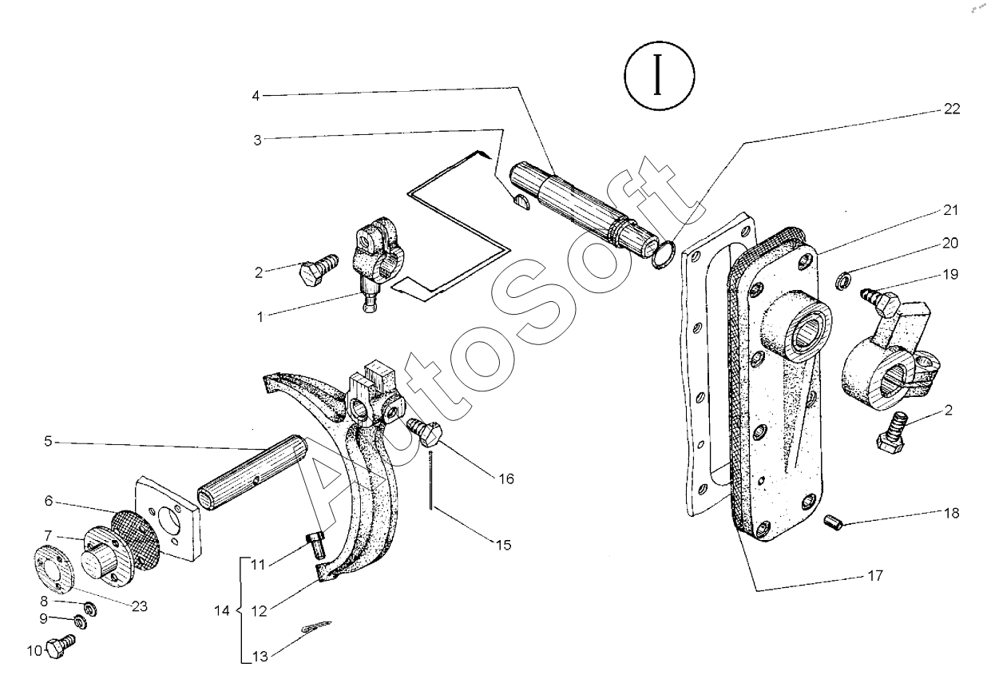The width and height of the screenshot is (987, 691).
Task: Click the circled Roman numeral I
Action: point(659,75)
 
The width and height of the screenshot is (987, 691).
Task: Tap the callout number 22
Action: point(951,109)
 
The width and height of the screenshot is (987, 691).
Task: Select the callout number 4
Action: point(256,96)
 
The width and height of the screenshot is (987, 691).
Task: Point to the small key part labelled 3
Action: point(522,201)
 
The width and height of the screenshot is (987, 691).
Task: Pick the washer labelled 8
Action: point(90,610)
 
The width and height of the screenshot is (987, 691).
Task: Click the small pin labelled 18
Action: point(833,522)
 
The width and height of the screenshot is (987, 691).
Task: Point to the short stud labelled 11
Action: point(315,545)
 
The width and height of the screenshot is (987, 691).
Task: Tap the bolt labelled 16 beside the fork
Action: point(424,432)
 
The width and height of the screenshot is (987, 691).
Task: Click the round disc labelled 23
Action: point(54,573)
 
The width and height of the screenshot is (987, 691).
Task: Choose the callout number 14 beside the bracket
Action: point(222,611)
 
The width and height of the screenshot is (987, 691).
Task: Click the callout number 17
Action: point(875,575)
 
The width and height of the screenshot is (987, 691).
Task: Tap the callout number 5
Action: point(48,441)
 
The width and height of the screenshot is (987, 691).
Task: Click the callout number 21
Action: point(950,210)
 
